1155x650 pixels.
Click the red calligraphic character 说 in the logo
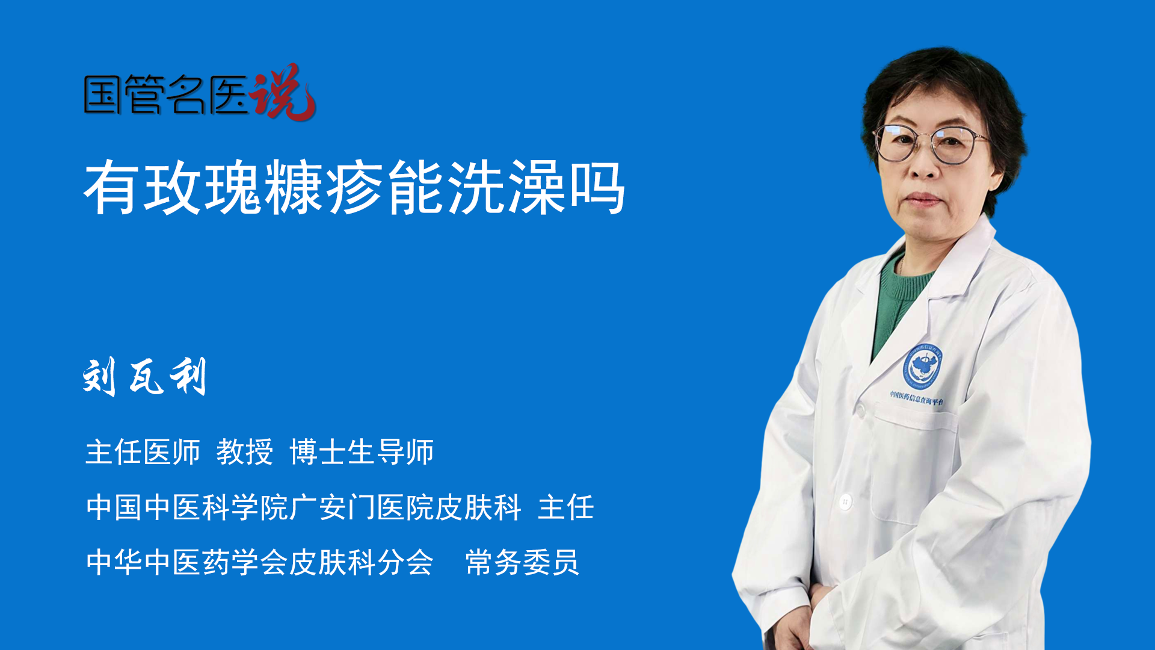coord(282,91)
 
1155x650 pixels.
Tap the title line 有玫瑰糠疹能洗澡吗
coord(354,188)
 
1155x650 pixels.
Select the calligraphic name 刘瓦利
coord(145,377)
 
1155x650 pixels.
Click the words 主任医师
coord(143,452)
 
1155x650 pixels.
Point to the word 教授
coord(245,452)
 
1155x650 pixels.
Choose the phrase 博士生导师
coord(362,452)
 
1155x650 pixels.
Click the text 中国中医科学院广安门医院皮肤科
coord(304,507)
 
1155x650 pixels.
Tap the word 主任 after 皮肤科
coord(566,507)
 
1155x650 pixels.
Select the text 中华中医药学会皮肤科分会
coord(260,562)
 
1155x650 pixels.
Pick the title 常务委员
coord(522,562)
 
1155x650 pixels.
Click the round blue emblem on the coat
coord(922,366)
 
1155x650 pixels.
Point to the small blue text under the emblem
coord(917,398)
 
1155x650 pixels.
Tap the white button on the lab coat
coord(845,501)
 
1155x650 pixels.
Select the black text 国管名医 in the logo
coord(166,94)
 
